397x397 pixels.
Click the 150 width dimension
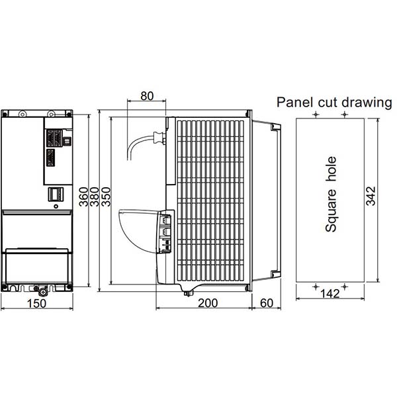pyautogui.click(x=36, y=304)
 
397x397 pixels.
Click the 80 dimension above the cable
pyautogui.click(x=147, y=96)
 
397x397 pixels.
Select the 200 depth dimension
pyautogui.click(x=208, y=303)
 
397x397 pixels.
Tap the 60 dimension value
pyautogui.click(x=267, y=303)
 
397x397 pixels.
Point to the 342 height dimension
pyautogui.click(x=371, y=196)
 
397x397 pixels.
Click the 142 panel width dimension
pyautogui.click(x=330, y=294)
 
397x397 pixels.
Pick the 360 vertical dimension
pyautogui.click(x=83, y=197)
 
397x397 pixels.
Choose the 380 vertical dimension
pyautogui.click(x=95, y=197)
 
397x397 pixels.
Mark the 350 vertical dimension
pyautogui.click(x=106, y=197)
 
